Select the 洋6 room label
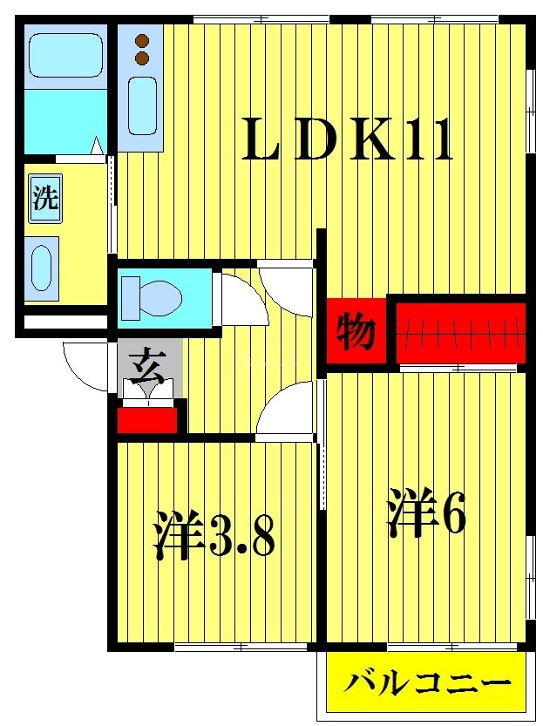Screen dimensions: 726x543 (x=426, y=515)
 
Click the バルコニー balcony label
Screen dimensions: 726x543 (x=426, y=682)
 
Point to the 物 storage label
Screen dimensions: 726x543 (x=356, y=331)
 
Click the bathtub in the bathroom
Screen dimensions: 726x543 (x=64, y=56)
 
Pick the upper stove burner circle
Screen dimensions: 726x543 (x=141, y=39)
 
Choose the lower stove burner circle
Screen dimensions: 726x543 (x=141, y=58)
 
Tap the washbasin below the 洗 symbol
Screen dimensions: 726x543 (x=42, y=267)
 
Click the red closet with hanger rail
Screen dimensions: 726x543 (x=461, y=332)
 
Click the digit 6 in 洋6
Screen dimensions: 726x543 (x=453, y=515)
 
